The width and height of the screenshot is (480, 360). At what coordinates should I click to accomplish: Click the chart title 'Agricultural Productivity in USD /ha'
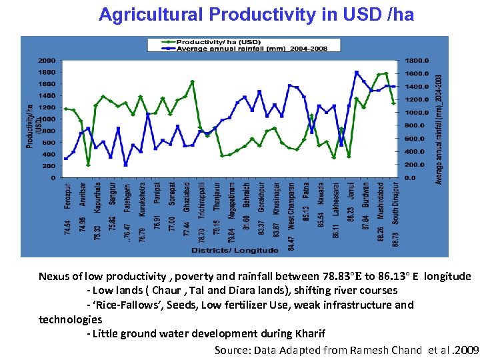256,15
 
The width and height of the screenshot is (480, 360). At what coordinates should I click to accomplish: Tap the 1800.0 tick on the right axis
414,60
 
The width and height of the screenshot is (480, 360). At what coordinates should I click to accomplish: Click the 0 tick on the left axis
53,178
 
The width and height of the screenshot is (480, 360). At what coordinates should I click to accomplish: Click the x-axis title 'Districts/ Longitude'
235,250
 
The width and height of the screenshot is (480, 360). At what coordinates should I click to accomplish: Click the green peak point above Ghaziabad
193,82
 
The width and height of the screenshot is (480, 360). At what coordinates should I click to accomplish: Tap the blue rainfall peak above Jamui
357,72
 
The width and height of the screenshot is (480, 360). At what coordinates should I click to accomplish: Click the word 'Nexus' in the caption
54,276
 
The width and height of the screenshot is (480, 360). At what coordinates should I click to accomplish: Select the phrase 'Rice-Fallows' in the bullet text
124,305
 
